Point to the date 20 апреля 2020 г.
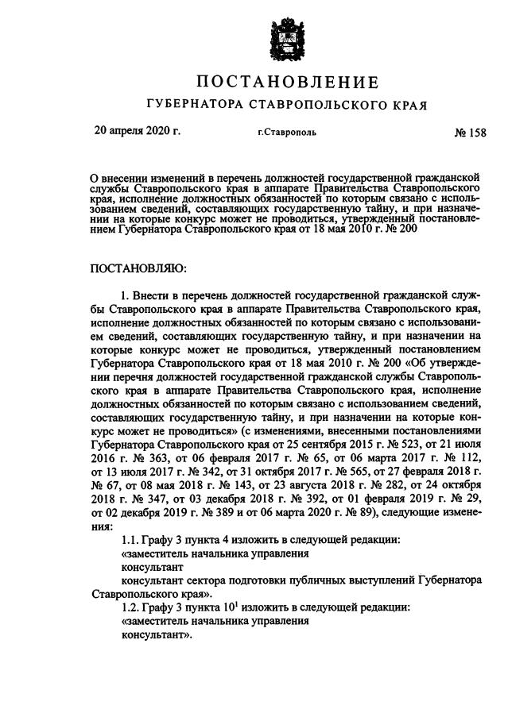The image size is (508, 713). click(138, 130)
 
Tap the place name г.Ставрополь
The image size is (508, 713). click(286, 132)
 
